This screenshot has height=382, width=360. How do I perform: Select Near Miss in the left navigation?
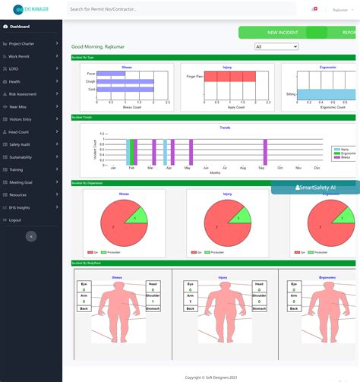click(x=20, y=106)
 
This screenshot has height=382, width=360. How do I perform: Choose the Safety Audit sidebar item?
click(x=21, y=144)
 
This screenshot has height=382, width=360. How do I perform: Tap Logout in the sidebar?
click(x=15, y=219)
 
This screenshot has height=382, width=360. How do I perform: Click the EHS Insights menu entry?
click(x=20, y=207)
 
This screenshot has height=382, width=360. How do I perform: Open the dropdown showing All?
click(x=276, y=46)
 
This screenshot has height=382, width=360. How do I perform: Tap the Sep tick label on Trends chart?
click(x=261, y=167)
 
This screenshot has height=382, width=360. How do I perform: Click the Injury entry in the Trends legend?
click(x=345, y=150)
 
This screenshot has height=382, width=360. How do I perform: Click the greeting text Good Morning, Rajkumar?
click(x=98, y=46)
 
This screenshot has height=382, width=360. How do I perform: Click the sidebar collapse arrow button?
click(x=30, y=236)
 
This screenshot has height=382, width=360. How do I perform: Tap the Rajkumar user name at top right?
click(x=334, y=10)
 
